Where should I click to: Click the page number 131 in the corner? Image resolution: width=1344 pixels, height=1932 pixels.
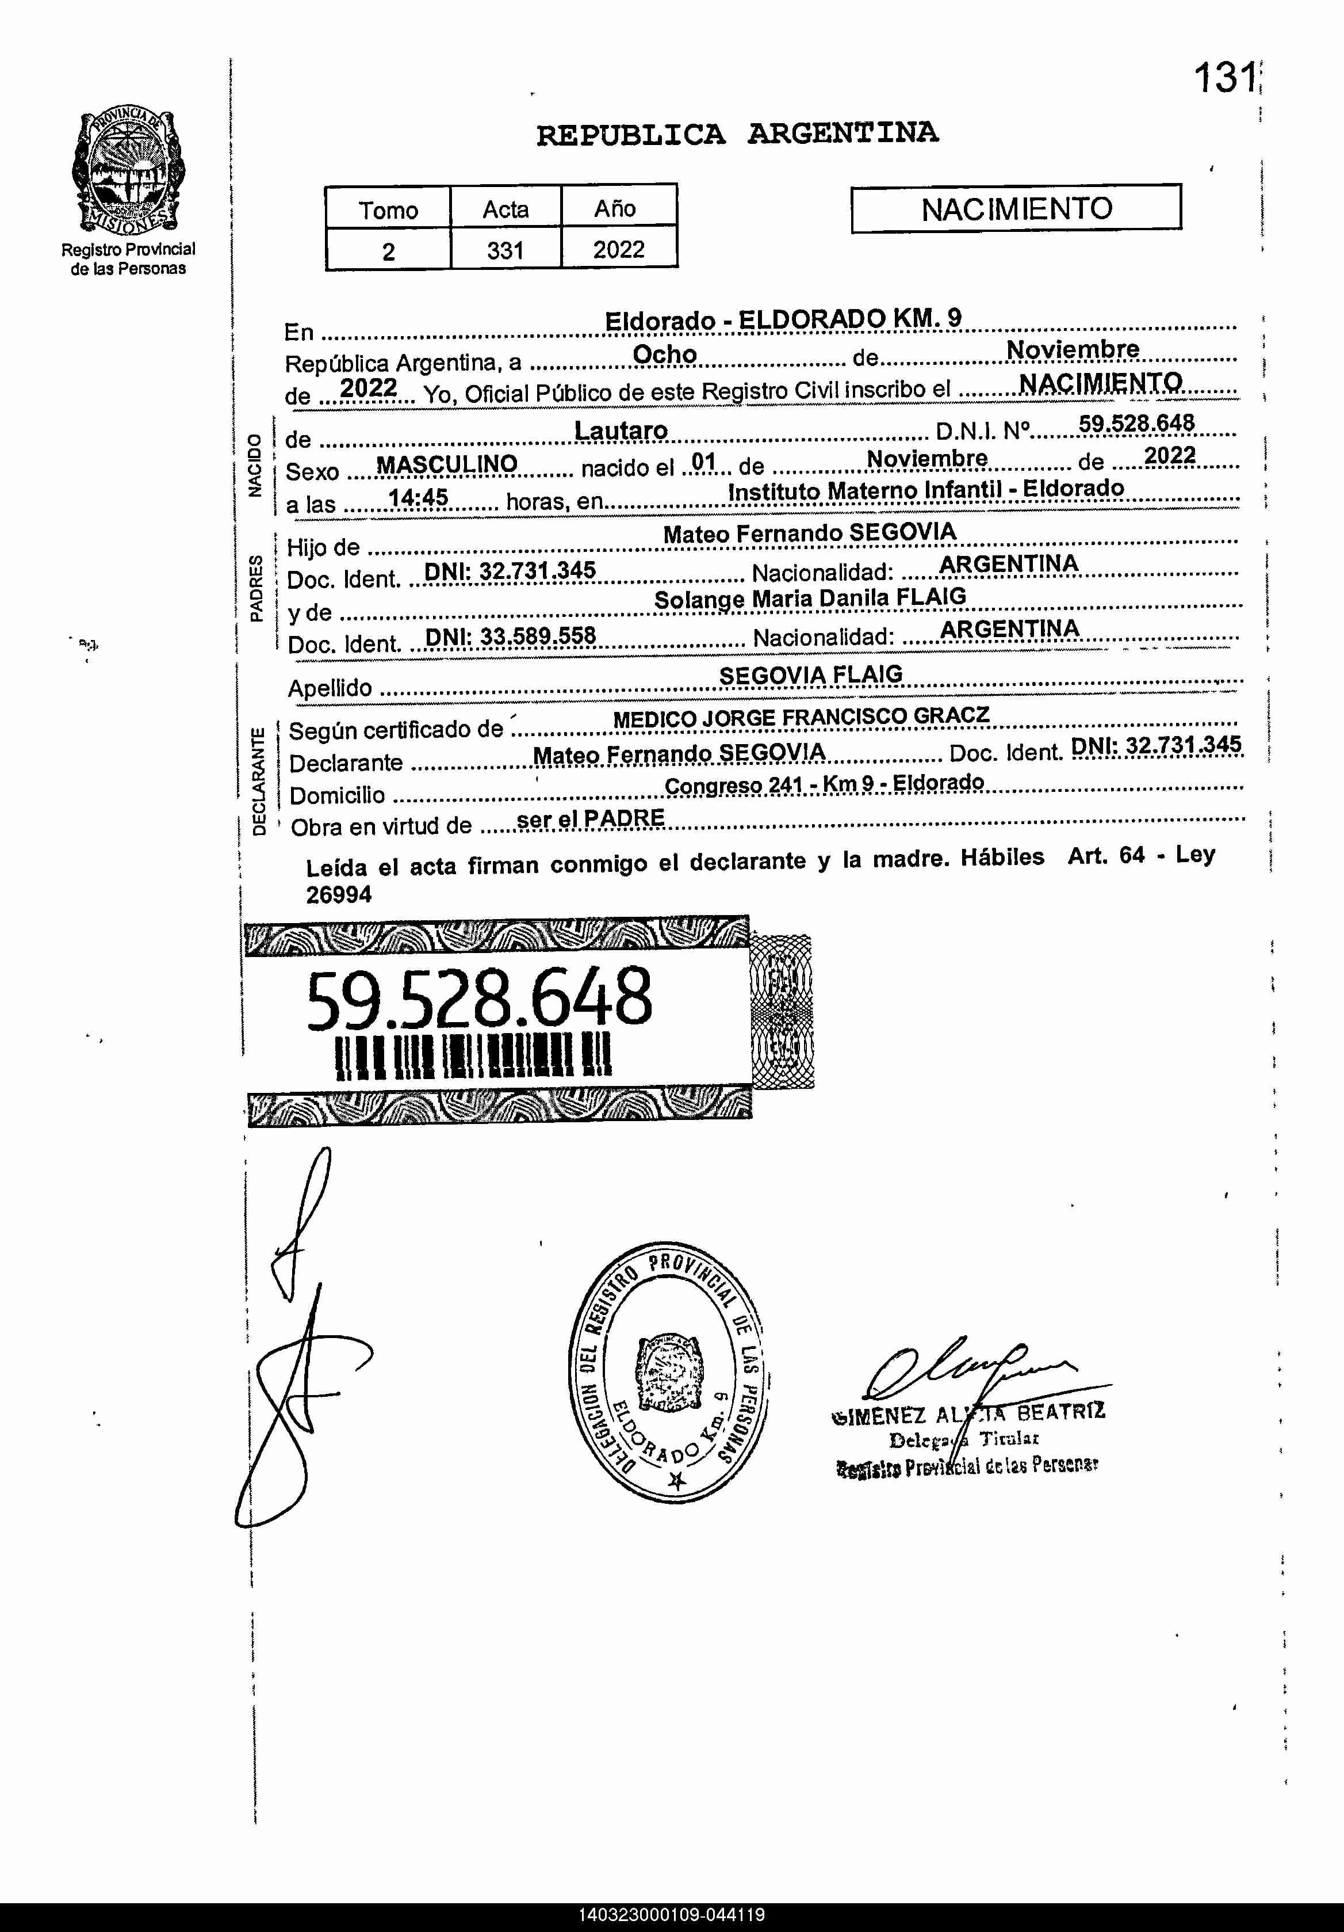[1224, 79]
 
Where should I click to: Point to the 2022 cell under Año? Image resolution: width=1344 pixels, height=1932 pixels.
[618, 249]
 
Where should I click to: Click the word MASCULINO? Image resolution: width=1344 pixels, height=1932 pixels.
[447, 464]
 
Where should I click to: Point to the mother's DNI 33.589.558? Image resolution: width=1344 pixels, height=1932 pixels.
[510, 635]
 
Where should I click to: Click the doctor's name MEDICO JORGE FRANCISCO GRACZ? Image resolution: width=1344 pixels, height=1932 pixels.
[801, 718]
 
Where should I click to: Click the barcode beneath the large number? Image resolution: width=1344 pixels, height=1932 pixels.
[473, 1057]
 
